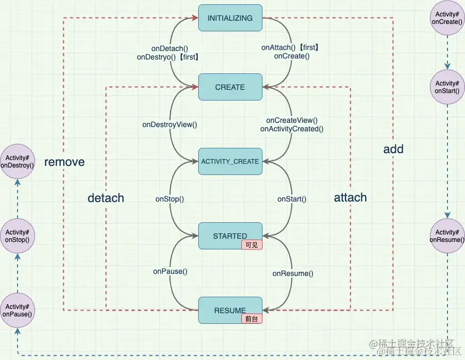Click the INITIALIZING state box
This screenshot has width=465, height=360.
coord(230,18)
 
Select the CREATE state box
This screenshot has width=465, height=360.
coord(230,87)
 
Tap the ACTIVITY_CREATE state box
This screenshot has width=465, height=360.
coord(230,162)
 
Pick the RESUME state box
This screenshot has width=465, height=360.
coord(230,309)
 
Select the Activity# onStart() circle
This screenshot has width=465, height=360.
coord(447,87)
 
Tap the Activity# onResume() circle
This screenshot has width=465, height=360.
coord(447,236)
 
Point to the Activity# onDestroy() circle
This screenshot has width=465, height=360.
coord(18,161)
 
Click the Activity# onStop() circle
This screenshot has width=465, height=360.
coord(18,236)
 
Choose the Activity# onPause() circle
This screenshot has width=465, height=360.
coord(18,310)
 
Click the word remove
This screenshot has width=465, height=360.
coord(64,162)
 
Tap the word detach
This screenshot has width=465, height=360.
coord(106,198)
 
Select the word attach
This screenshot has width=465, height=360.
coord(350,198)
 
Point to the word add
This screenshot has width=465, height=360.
coord(393,149)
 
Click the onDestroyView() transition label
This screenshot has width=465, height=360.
coord(170,125)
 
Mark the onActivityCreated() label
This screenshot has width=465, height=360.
coord(292,129)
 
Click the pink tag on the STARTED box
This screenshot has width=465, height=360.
coord(252,245)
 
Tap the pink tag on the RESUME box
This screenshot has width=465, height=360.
coord(252,319)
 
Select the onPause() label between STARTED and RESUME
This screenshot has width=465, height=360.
coord(170,271)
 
